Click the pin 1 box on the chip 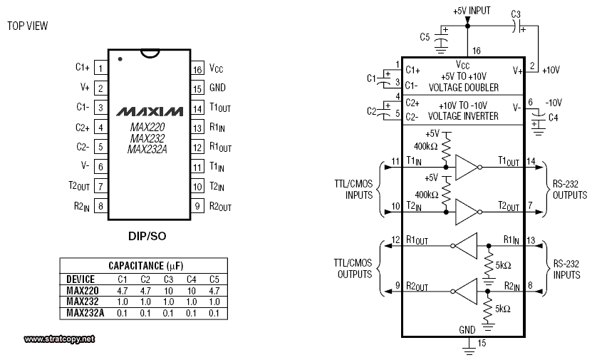[x=101, y=68]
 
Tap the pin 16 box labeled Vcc [x=197, y=69]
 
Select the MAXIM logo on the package [x=150, y=111]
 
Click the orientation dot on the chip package [x=120, y=59]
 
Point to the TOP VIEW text [x=28, y=26]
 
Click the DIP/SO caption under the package [x=147, y=236]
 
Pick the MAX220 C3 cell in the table [x=168, y=291]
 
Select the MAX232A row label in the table [x=85, y=313]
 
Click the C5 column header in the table [x=214, y=279]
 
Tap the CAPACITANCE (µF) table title [x=146, y=266]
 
